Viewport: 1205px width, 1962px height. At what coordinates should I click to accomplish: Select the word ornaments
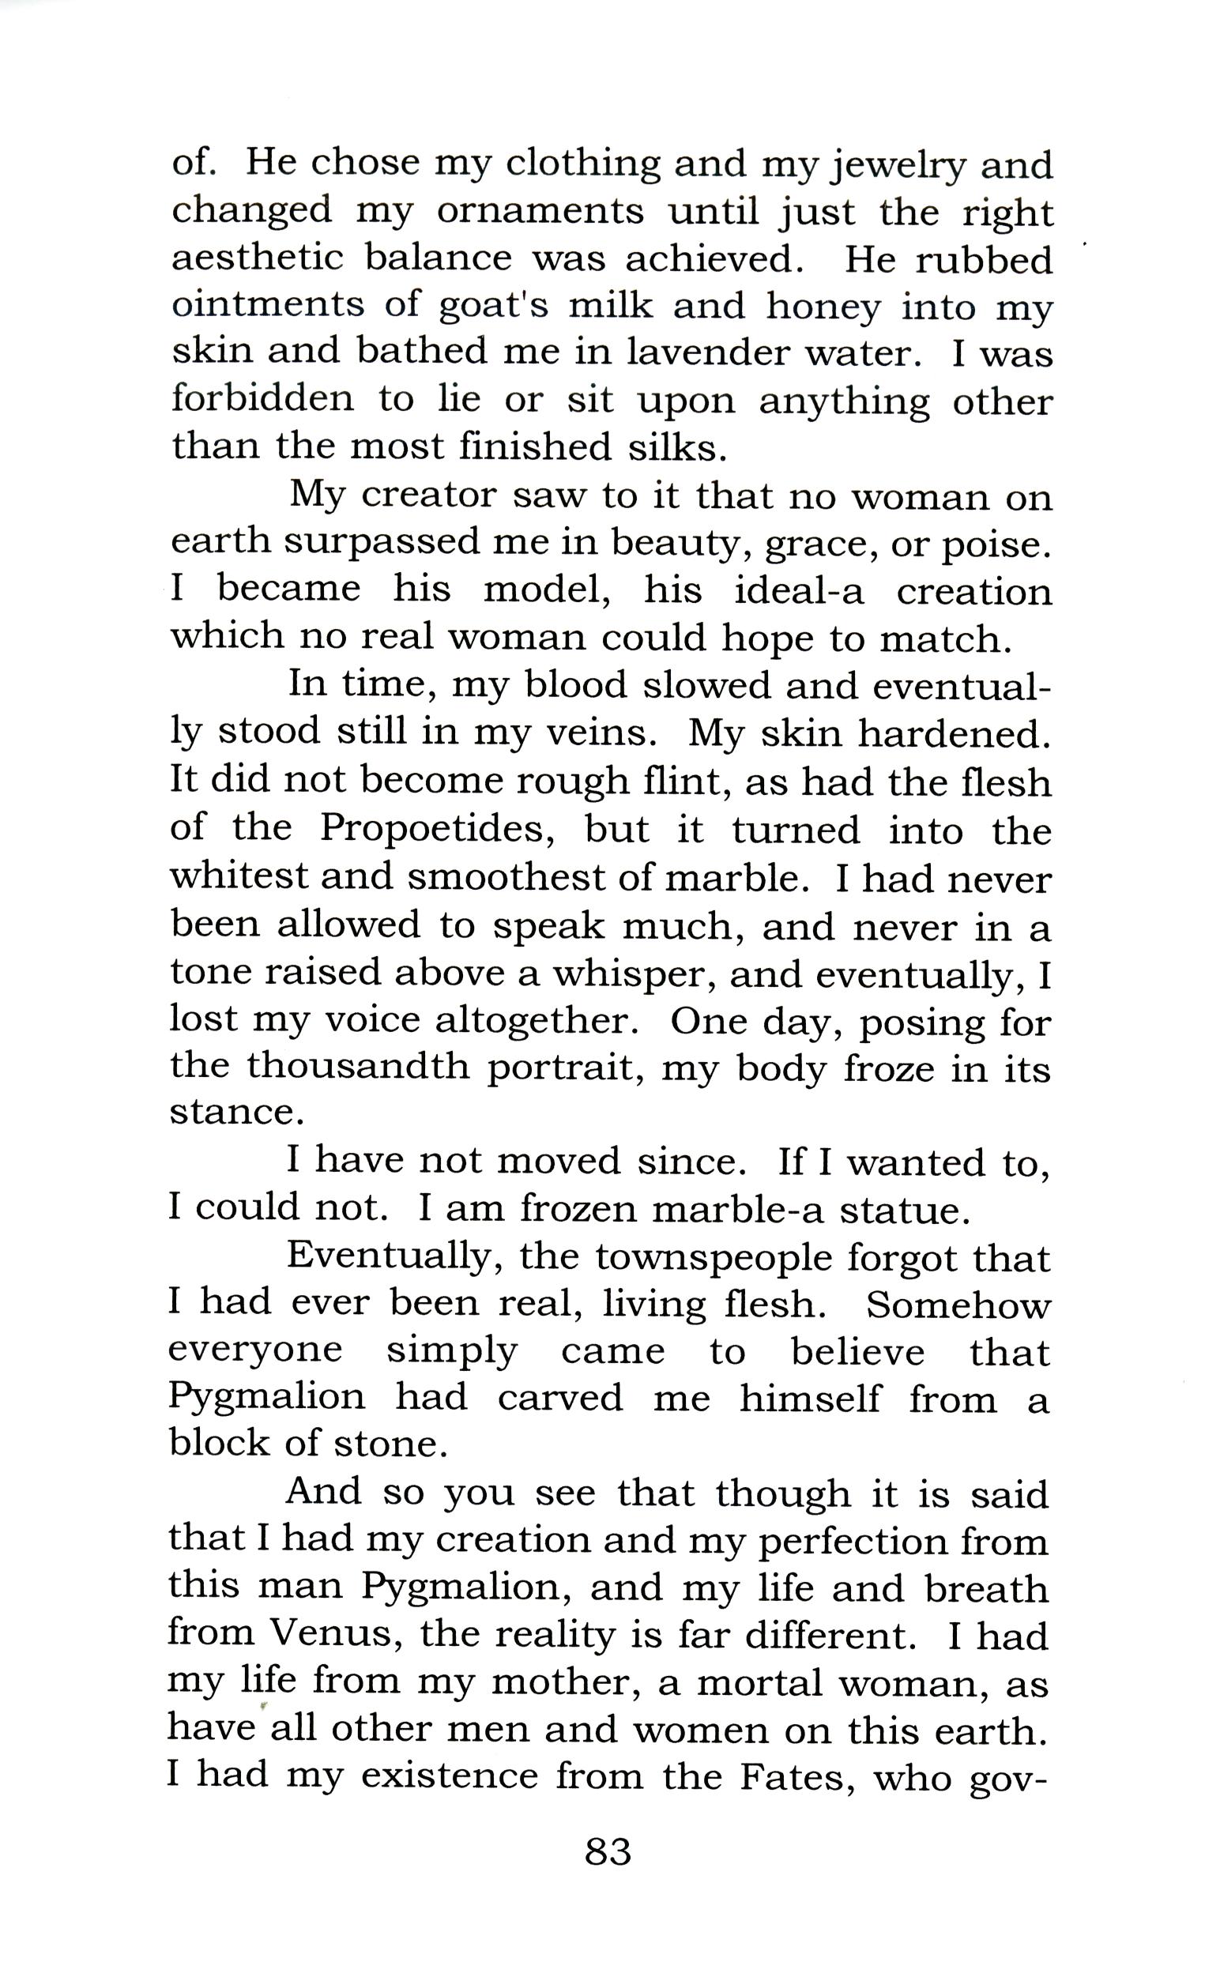pyautogui.click(x=540, y=212)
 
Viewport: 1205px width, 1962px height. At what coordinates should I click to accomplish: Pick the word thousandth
pyautogui.click(x=357, y=1066)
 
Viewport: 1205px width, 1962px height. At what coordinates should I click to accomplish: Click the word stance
pyautogui.click(x=237, y=1113)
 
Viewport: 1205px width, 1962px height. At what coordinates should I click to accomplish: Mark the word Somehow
pyautogui.click(x=958, y=1305)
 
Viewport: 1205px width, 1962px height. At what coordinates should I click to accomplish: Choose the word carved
pyautogui.click(x=560, y=1399)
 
